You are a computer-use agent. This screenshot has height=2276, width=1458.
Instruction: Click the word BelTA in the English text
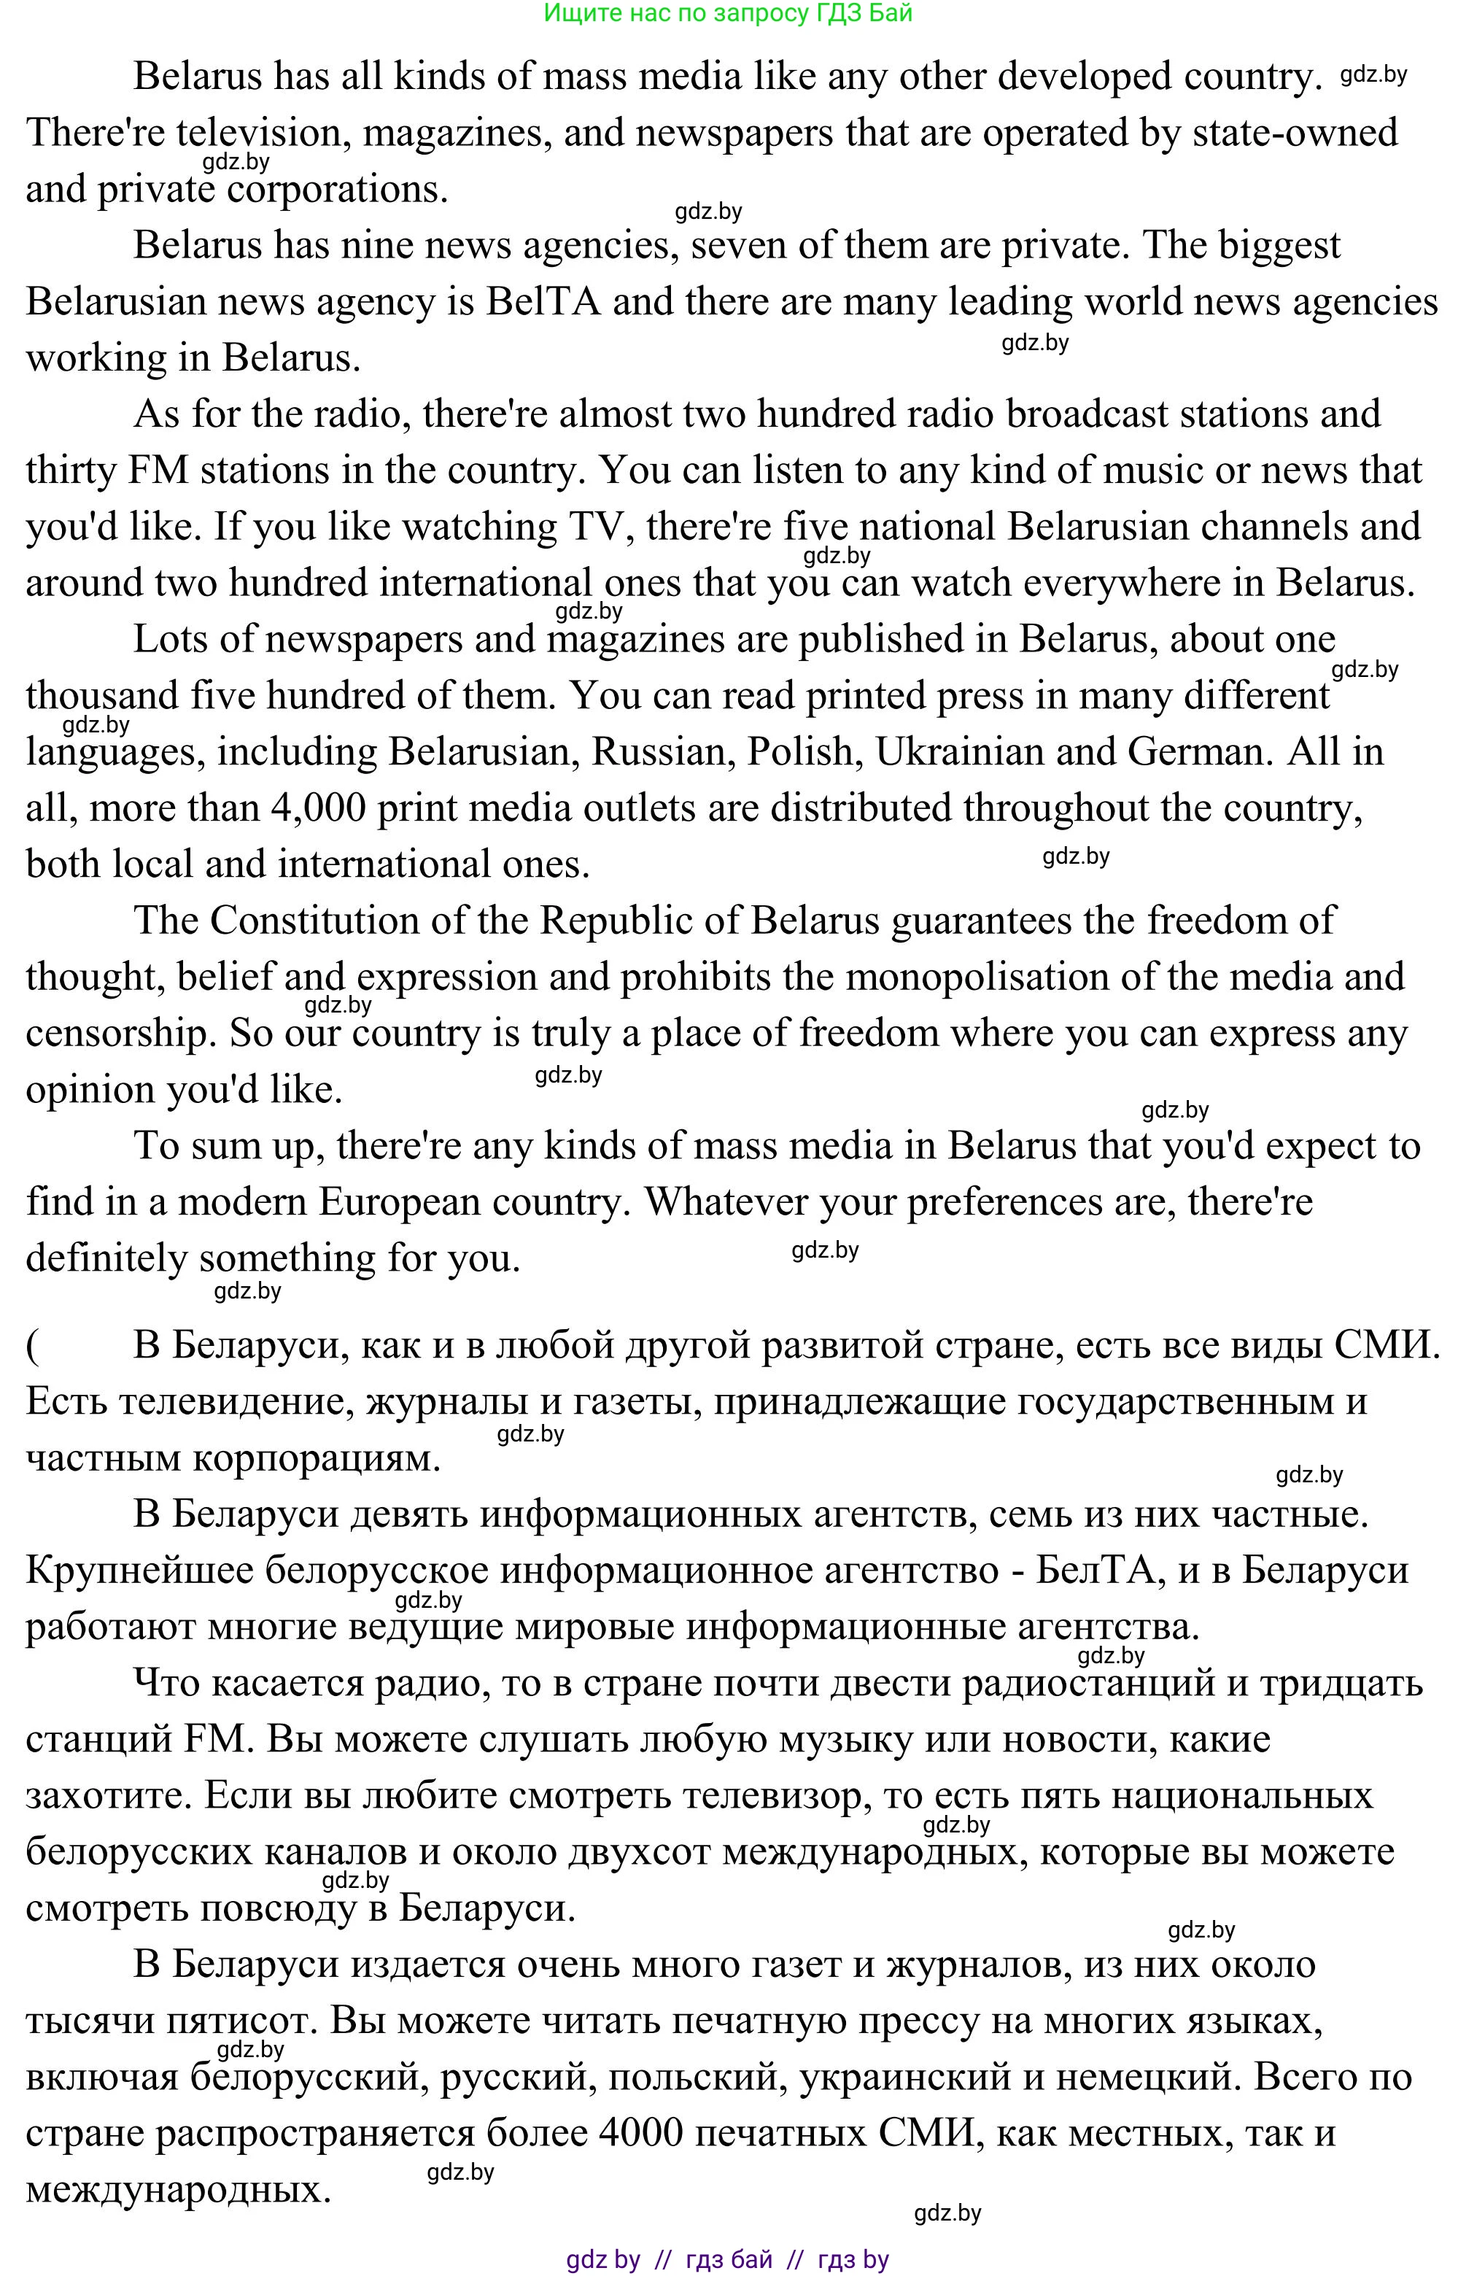tap(543, 302)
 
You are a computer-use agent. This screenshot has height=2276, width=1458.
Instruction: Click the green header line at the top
tap(727, 13)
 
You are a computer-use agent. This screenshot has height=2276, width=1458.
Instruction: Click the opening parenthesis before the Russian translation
tap(33, 1345)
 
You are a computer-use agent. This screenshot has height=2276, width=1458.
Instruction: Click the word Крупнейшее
tap(139, 1571)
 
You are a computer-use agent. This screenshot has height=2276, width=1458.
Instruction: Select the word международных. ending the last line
tap(179, 2190)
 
